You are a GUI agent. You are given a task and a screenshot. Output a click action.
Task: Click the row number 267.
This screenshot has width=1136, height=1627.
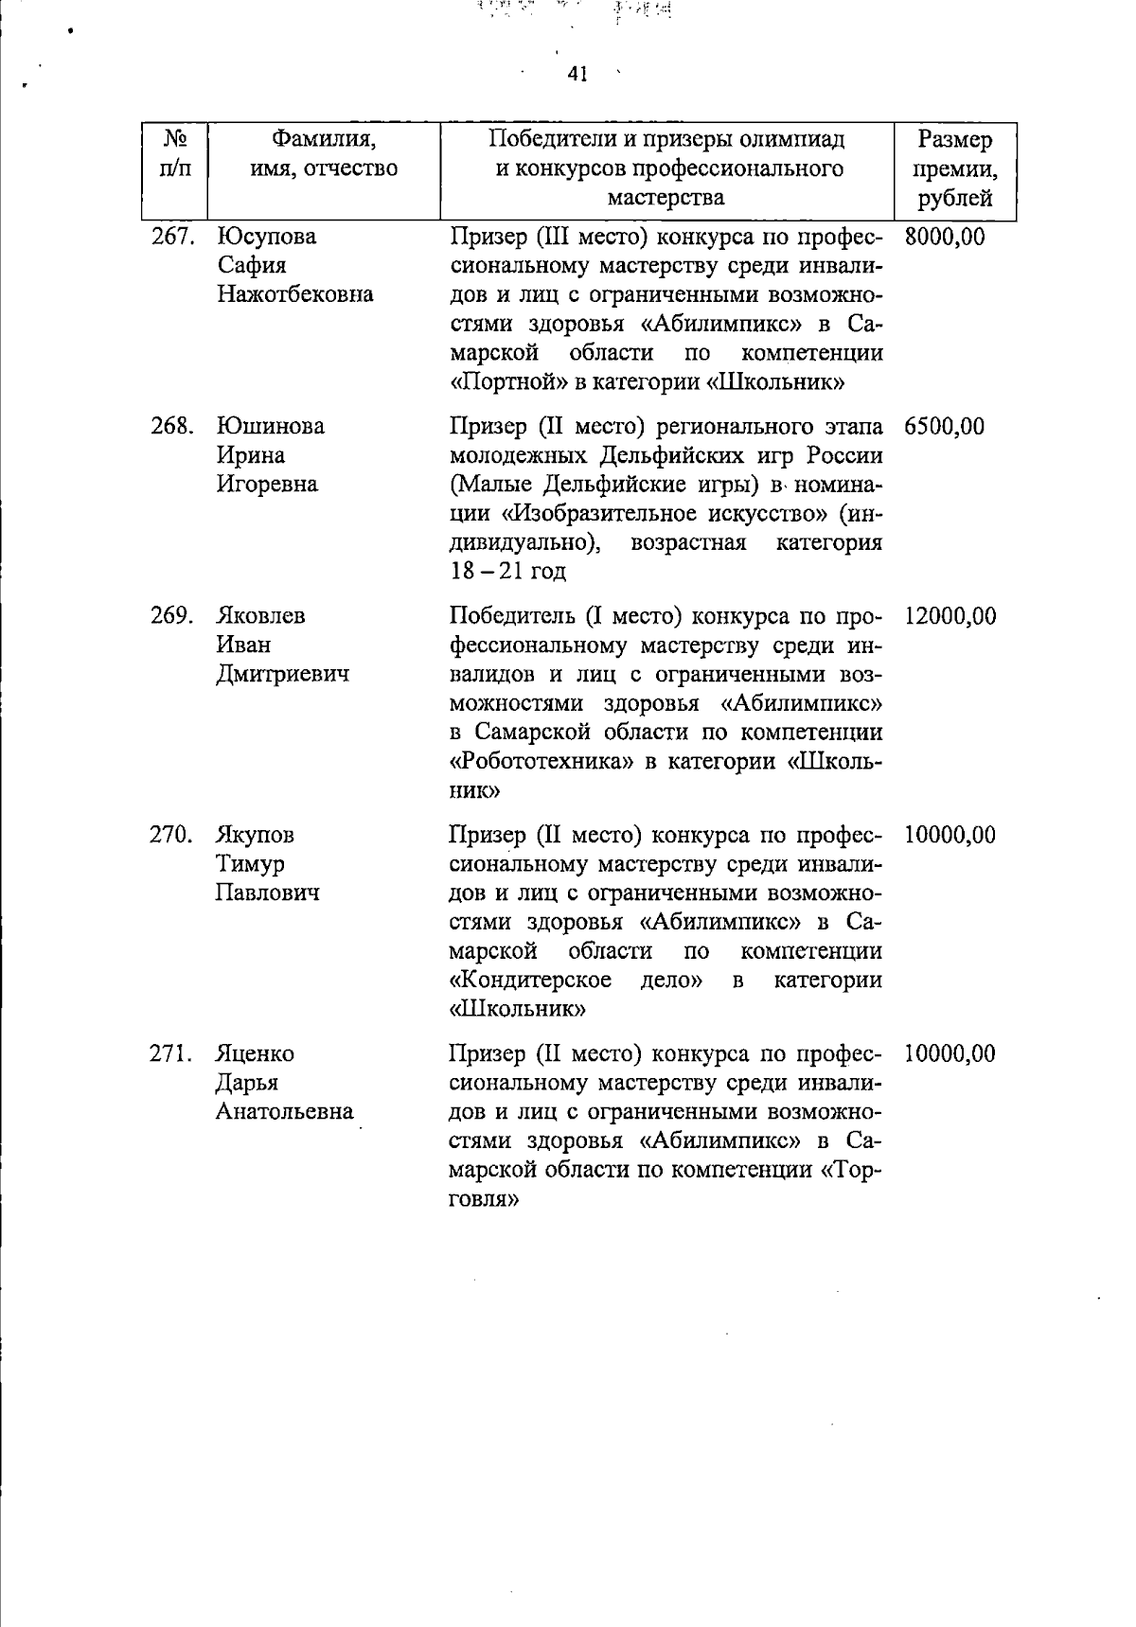[172, 237]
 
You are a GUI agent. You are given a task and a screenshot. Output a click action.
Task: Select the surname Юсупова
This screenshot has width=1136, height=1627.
[267, 237]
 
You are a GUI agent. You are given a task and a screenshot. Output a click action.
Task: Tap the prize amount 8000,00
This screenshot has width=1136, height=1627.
[944, 237]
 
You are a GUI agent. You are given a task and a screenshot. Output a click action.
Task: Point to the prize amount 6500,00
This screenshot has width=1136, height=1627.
[944, 427]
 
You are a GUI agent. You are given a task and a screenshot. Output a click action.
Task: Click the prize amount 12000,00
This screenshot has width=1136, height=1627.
[950, 616]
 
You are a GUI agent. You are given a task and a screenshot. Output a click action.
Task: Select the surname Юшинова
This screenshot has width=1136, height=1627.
[271, 427]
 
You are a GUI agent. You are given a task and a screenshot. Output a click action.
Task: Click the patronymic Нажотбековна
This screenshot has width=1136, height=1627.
[295, 294]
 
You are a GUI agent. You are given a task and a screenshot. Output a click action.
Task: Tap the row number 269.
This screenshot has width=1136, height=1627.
[172, 616]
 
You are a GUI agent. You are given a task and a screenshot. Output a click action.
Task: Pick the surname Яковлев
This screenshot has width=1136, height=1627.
[261, 616]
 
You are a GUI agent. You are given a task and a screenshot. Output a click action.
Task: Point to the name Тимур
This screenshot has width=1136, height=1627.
[250, 864]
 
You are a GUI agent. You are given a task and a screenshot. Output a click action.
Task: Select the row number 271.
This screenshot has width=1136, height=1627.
[172, 1054]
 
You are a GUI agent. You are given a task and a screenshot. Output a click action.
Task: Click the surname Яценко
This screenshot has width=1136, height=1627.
[255, 1054]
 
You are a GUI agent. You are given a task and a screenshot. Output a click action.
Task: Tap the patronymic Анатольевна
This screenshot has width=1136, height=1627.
[284, 1112]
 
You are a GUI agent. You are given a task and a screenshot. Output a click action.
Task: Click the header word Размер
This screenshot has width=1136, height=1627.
[954, 140]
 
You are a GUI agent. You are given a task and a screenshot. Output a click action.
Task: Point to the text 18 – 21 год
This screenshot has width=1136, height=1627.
[507, 572]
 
